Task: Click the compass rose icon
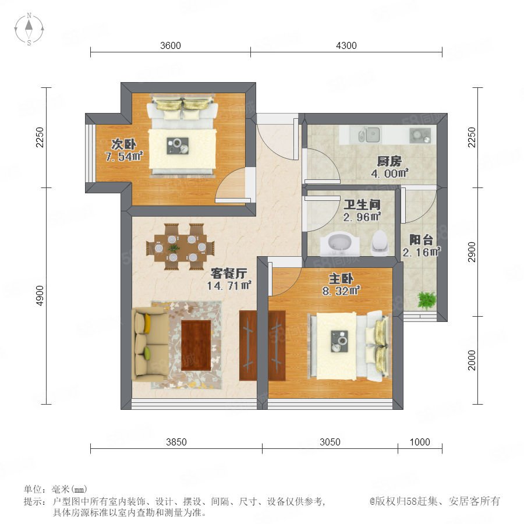coord(29,29)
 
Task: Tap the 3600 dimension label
coord(171,45)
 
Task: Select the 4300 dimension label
coord(346,45)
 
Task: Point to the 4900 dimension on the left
coord(40,296)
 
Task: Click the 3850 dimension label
coord(176,442)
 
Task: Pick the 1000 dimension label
coord(420,442)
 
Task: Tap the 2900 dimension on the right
coord(472,252)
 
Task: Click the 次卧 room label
coord(123,144)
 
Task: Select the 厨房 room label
coord(390,161)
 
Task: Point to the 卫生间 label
coord(362,204)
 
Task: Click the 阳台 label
coord(421,240)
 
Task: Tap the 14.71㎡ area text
coord(229,286)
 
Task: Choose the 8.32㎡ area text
coord(341,291)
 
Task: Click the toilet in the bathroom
coord(380,242)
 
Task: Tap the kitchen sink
coord(369,134)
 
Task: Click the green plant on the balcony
coord(427,300)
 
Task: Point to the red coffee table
coord(196,345)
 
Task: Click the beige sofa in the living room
coord(150,345)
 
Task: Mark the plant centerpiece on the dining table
coord(174,248)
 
